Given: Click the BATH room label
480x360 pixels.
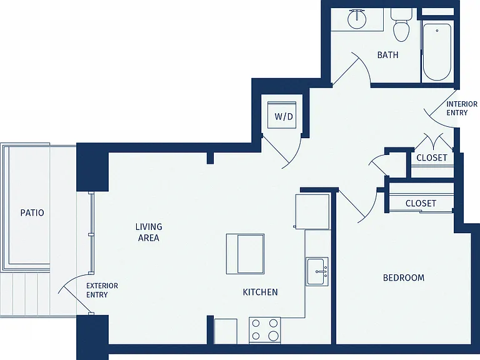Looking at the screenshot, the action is [x=387, y=55].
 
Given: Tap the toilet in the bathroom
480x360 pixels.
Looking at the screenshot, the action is [x=401, y=25].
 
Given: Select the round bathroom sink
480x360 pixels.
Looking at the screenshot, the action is [x=357, y=18].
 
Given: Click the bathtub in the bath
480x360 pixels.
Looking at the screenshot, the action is [x=437, y=52].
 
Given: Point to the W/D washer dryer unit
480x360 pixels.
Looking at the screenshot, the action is [x=282, y=115].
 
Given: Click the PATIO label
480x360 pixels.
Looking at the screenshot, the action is [x=32, y=212].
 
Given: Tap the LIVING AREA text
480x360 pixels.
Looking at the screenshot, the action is [x=149, y=232].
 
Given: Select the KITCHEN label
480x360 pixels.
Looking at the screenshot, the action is [x=260, y=292].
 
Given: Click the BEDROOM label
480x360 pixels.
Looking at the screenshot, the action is [x=404, y=278].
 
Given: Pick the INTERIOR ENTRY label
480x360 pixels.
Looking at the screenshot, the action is [x=462, y=109].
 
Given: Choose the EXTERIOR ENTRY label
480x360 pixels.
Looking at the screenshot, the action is [x=102, y=290].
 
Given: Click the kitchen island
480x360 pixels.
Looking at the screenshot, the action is [x=245, y=254].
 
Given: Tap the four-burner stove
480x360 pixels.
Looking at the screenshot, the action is [x=264, y=330].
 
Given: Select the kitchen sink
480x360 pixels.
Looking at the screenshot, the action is [x=317, y=271].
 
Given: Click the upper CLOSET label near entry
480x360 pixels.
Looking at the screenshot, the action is [x=432, y=158].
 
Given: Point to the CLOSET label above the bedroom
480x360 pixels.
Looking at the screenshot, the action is [x=421, y=204].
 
